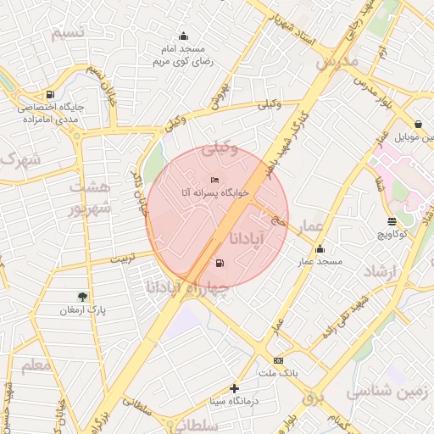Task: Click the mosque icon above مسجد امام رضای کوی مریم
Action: click(x=183, y=36)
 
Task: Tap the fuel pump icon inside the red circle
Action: click(x=220, y=264)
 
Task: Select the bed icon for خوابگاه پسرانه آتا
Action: click(x=214, y=180)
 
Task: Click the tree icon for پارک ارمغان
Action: click(x=82, y=297)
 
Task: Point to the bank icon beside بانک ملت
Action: click(x=278, y=360)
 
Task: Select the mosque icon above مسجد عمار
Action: click(x=320, y=249)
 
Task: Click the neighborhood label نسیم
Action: click(x=67, y=33)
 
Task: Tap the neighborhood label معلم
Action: click(x=35, y=365)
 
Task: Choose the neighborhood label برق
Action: click(x=313, y=398)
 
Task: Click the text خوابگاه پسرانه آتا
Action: click(x=214, y=193)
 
